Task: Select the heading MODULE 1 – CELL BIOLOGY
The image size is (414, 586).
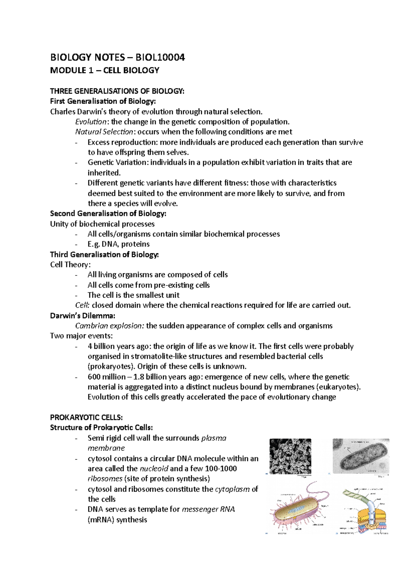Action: [105, 70]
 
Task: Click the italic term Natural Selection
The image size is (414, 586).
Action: [104, 132]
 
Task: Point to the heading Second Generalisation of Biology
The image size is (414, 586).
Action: [108, 214]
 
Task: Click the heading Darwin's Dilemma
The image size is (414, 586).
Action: [82, 316]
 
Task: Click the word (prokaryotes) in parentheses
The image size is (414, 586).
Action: [111, 367]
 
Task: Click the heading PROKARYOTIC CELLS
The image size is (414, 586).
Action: [86, 418]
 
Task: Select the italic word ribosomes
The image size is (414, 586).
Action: [105, 479]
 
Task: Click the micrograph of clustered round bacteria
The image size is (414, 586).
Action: [290, 456]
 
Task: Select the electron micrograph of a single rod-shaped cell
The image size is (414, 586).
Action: [361, 456]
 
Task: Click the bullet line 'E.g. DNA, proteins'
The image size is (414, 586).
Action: [118, 244]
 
